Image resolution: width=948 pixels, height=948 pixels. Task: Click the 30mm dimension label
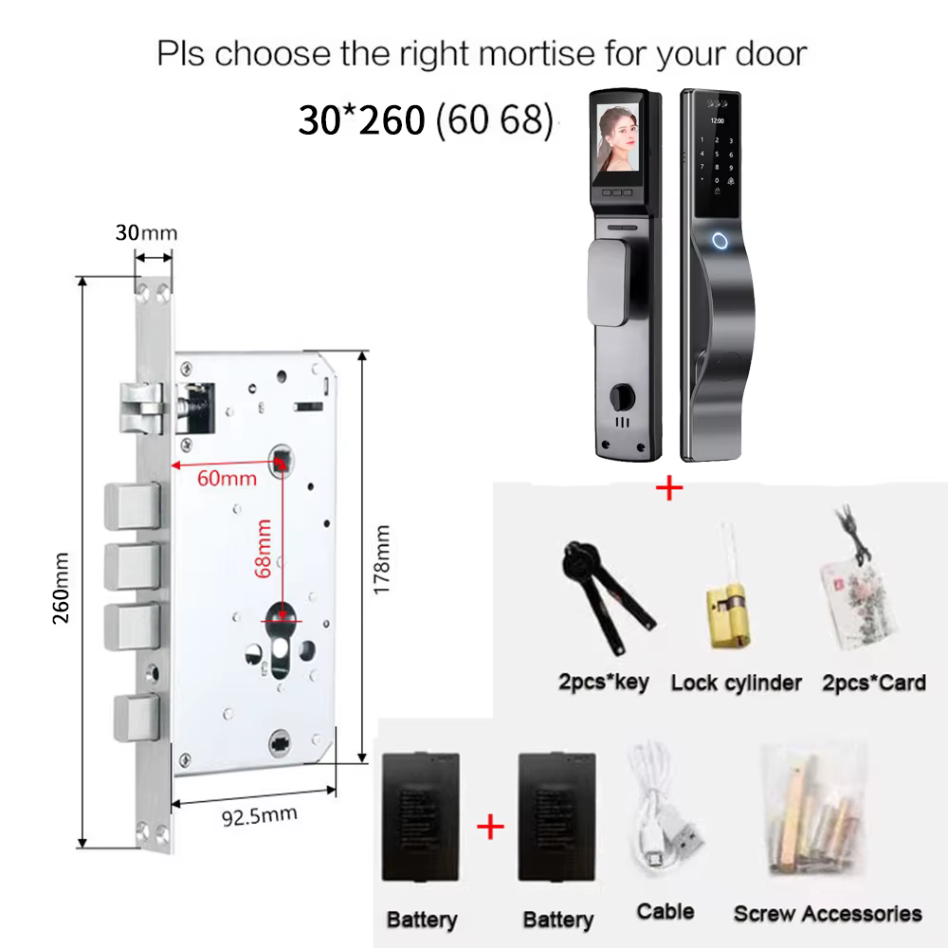pyautogui.click(x=146, y=233)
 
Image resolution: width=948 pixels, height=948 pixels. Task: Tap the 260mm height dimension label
pyautogui.click(x=61, y=588)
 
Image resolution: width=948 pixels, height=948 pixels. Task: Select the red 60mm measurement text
pyautogui.click(x=227, y=479)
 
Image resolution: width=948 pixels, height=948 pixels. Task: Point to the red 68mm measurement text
pyautogui.click(x=263, y=548)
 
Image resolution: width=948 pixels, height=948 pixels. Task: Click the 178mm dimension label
pyautogui.click(x=381, y=560)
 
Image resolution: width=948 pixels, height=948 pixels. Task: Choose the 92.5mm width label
pyautogui.click(x=260, y=816)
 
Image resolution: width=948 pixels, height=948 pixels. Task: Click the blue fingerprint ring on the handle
pyautogui.click(x=720, y=241)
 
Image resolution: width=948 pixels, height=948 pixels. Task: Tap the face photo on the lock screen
pyautogui.click(x=617, y=137)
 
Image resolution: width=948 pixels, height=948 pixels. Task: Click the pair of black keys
pyautogui.click(x=606, y=595)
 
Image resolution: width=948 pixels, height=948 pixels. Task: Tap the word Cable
pyautogui.click(x=665, y=911)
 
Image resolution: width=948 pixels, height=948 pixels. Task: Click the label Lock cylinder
pyautogui.click(x=737, y=683)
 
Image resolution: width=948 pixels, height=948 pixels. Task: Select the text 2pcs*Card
pyautogui.click(x=874, y=683)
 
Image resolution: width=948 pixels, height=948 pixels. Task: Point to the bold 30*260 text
pyautogui.click(x=361, y=119)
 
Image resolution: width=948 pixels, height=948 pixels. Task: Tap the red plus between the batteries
pyautogui.click(x=490, y=827)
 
